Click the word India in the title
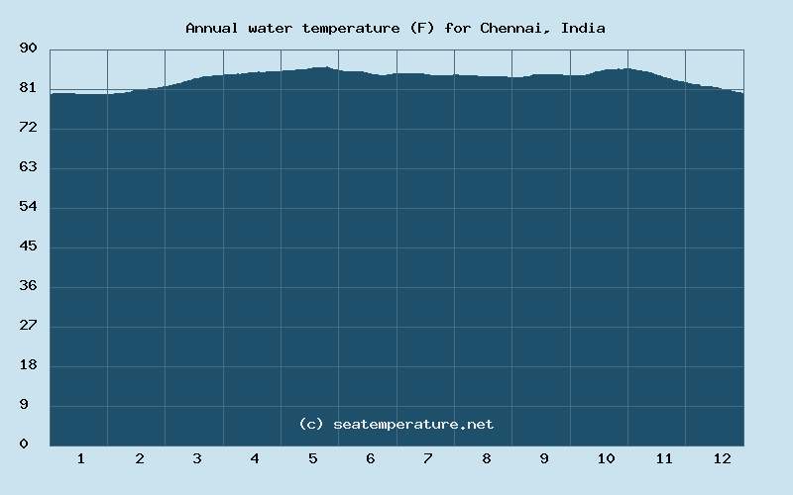(583, 28)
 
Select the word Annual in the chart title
(210, 28)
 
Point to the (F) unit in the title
(418, 28)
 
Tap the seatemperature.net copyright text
(396, 424)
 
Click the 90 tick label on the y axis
(28, 49)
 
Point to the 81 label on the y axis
(28, 88)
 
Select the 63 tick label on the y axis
(28, 167)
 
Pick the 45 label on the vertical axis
(28, 247)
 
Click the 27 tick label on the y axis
(28, 326)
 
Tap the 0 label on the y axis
(24, 445)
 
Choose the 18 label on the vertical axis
(28, 365)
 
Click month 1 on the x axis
(80, 458)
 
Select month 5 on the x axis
(312, 458)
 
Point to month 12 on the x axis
(722, 458)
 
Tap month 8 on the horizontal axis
(486, 458)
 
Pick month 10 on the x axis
(606, 458)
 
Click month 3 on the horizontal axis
(196, 458)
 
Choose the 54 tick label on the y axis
(28, 207)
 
